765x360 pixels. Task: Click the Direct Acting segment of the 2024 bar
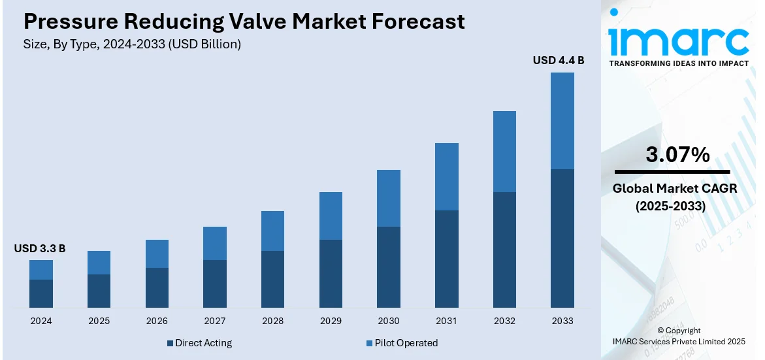[x=41, y=293]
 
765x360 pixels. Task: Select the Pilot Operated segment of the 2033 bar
[x=562, y=121]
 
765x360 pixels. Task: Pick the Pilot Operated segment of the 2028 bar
[x=272, y=231]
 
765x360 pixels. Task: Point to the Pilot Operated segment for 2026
[x=157, y=254]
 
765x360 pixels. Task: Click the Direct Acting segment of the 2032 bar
[x=504, y=250]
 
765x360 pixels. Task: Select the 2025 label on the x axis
[x=99, y=321]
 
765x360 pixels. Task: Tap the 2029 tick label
[x=331, y=321]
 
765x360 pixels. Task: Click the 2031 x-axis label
[x=446, y=321]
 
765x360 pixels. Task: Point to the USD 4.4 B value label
[x=558, y=61]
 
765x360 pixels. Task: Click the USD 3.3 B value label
[x=40, y=248]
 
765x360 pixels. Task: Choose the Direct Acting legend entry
[x=199, y=343]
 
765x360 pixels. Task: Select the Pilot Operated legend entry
[x=402, y=343]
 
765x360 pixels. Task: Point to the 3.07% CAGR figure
[x=677, y=155]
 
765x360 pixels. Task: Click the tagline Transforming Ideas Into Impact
[x=679, y=63]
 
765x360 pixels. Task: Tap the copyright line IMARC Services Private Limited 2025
[x=679, y=341]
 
